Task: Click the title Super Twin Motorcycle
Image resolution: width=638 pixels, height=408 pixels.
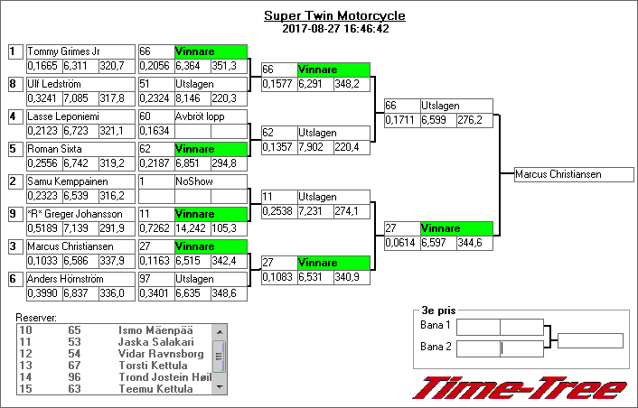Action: (334, 16)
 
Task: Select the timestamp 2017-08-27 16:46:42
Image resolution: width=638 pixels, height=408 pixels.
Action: (334, 29)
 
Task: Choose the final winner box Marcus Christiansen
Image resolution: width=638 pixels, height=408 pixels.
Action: (569, 174)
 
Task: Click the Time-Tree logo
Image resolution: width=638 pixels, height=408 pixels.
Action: (520, 389)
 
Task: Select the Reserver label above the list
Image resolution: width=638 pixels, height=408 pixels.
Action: (36, 318)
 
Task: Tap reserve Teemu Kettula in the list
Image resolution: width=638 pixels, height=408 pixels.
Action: (155, 389)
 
